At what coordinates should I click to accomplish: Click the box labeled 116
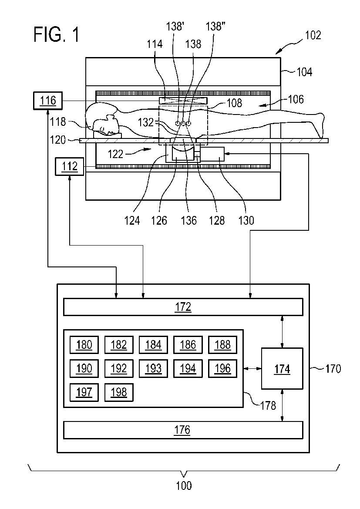click(48, 101)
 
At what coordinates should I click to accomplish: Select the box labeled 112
click(70, 166)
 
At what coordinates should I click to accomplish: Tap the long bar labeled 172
click(183, 307)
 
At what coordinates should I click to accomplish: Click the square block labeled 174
click(282, 369)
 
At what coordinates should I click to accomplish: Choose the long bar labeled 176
click(183, 430)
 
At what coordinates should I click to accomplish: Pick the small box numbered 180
click(84, 345)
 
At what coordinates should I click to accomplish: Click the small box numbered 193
click(153, 368)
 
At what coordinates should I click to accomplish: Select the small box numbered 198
click(119, 392)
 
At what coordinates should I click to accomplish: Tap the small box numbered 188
click(222, 345)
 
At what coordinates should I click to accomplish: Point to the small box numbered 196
click(222, 368)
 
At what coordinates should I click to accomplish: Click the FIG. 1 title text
click(56, 35)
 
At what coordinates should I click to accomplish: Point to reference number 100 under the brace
click(184, 485)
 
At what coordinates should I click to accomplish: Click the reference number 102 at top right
click(313, 35)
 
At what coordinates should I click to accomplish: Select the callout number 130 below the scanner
click(246, 221)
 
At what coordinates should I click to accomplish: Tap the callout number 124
click(132, 221)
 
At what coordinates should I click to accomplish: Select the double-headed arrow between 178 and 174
click(252, 369)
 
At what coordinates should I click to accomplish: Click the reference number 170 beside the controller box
click(333, 369)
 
